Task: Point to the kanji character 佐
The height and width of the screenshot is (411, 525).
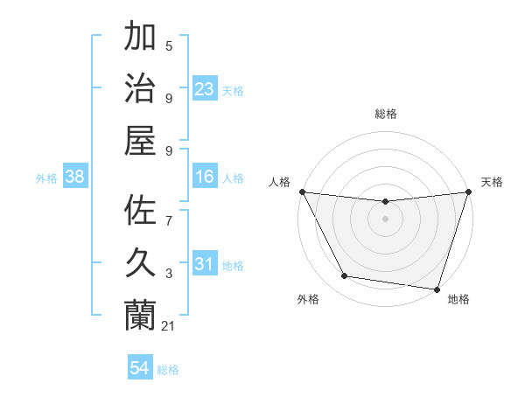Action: point(140,212)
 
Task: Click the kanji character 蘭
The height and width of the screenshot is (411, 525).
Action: point(140,313)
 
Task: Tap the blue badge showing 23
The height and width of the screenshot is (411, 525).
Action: point(205,88)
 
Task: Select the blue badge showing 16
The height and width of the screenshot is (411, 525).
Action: point(205,177)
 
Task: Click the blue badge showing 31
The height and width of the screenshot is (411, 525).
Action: point(205,264)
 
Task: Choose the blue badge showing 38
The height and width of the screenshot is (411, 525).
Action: point(75,177)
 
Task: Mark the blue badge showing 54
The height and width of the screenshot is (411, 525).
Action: point(140,368)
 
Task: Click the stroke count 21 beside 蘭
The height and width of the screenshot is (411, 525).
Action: point(169,326)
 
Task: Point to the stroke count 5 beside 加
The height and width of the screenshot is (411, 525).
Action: point(169,46)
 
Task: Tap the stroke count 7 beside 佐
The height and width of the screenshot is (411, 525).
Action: point(169,212)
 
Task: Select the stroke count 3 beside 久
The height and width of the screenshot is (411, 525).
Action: point(169,274)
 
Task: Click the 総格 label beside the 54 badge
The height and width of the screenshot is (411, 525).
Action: point(168,370)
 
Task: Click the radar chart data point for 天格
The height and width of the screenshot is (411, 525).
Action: point(468,192)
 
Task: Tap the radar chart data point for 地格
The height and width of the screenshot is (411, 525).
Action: point(437,289)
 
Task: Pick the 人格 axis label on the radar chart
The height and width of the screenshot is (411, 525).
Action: point(280,182)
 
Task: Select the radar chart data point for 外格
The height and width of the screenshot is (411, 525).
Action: point(345,276)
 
